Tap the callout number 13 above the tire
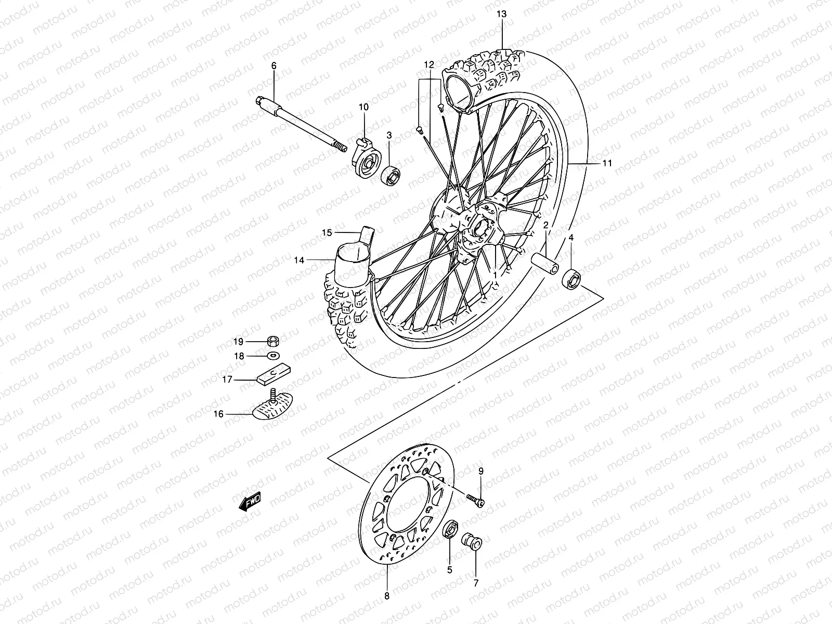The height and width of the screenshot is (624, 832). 501,14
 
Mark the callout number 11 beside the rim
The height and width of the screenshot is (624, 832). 607,163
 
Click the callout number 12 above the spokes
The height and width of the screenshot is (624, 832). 428,65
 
